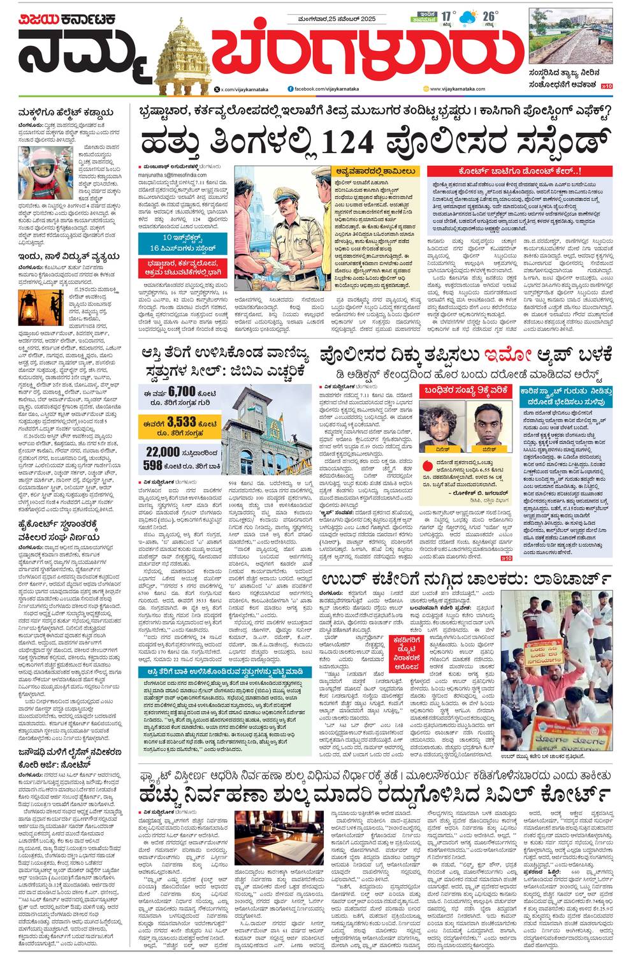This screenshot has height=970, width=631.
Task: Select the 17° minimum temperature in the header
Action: pyautogui.click(x=446, y=15)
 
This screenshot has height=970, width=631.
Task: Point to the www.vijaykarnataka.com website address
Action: pyautogui.click(x=454, y=89)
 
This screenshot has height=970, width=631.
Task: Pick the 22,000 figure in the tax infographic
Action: pyautogui.click(x=163, y=451)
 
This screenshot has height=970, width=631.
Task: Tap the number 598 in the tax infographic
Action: pyautogui.click(x=153, y=466)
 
